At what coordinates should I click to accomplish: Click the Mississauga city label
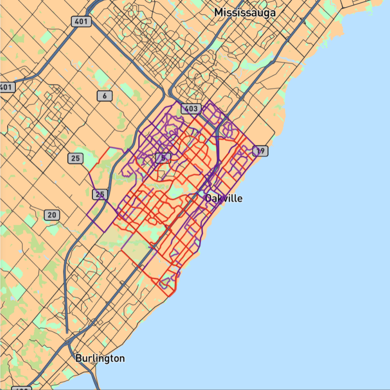(x=245, y=13)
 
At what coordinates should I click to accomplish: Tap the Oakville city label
(x=224, y=198)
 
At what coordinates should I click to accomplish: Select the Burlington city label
(x=100, y=358)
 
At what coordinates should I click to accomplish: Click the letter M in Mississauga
(x=218, y=13)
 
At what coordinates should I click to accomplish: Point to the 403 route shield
(x=191, y=108)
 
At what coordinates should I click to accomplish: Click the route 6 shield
(x=105, y=96)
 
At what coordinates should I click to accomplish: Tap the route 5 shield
(x=163, y=158)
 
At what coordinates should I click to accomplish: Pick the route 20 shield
(x=52, y=215)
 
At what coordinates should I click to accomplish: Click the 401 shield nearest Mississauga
(x=81, y=22)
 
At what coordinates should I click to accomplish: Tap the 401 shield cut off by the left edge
(x=6, y=87)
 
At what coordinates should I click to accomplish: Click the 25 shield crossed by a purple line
(x=100, y=195)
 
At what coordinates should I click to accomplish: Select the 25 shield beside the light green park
(x=75, y=158)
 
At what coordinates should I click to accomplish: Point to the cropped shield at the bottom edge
(x=22, y=388)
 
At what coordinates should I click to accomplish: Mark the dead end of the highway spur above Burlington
(x=67, y=332)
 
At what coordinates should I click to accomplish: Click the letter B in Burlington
(x=78, y=358)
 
